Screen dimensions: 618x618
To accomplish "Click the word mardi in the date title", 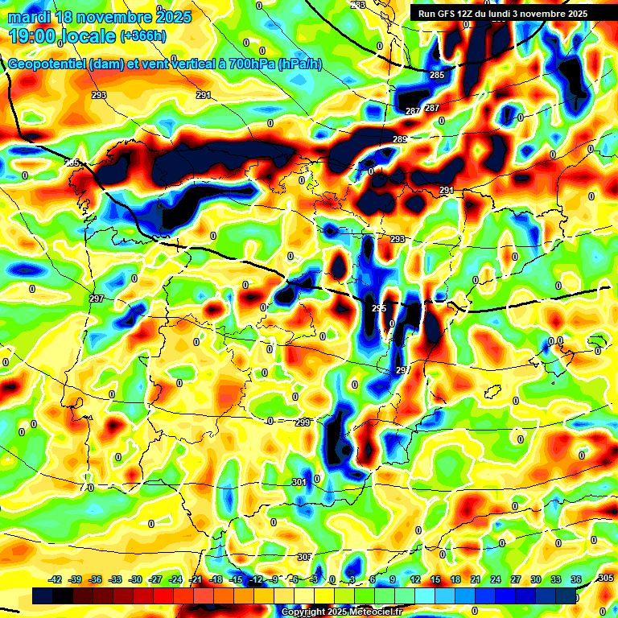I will tap(29, 17).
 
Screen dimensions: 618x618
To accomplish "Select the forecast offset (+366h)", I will tap(144, 36).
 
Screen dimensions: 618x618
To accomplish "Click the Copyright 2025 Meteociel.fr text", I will tap(341, 612).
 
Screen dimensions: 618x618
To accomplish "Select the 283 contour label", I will tap(358, 6).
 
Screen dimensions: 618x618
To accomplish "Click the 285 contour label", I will tap(436, 75).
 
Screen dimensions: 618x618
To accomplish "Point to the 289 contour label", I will tap(400, 140).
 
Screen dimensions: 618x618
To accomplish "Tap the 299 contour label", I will tap(303, 422).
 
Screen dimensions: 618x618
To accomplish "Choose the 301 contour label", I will tap(299, 482).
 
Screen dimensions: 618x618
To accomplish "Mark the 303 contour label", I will tap(304, 558).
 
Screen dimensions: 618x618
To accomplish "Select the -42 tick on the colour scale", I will tap(56, 579).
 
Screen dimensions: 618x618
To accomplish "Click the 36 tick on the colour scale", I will tap(576, 579).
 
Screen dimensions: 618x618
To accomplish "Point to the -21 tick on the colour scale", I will tap(196, 579).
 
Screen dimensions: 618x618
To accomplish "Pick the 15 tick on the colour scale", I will tap(435, 579).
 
